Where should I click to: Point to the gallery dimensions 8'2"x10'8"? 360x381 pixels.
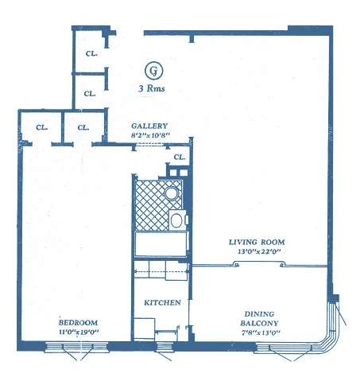click(x=149, y=136)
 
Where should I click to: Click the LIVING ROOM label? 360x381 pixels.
click(x=256, y=242)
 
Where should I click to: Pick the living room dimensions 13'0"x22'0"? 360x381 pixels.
click(x=256, y=251)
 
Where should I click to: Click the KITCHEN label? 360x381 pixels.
click(x=162, y=303)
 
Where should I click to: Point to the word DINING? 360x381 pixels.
click(x=259, y=313)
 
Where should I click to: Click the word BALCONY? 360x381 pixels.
click(x=259, y=323)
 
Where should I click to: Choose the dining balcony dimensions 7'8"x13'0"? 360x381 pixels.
click(x=259, y=333)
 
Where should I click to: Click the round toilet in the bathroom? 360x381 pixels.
click(x=171, y=193)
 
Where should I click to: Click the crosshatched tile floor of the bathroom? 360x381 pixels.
click(x=149, y=203)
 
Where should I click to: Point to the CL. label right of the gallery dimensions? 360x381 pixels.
click(x=180, y=157)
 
